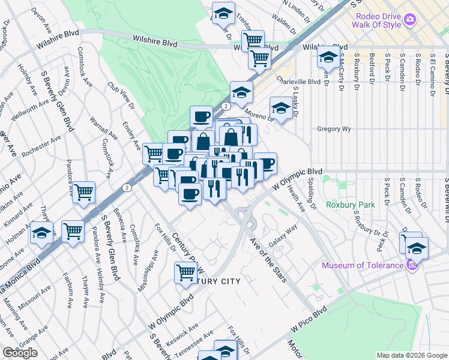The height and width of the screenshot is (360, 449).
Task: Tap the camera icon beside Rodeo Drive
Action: (410, 19)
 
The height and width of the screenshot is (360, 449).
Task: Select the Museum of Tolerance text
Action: (362, 265)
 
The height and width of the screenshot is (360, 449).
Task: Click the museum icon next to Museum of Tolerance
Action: (411, 265)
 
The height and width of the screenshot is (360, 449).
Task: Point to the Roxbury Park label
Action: (350, 205)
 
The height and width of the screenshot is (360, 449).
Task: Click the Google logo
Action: (20, 353)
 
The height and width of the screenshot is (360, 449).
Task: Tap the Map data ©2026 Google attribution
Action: (412, 355)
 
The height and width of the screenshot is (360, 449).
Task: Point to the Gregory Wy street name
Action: (334, 128)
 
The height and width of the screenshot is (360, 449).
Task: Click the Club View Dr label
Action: (119, 96)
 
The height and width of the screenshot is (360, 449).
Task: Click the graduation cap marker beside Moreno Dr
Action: (280, 108)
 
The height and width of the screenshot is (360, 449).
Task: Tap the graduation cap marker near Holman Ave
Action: (41, 232)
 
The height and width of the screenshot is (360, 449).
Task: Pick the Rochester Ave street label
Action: (41, 146)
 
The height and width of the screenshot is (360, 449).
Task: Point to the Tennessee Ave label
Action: (195, 341)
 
